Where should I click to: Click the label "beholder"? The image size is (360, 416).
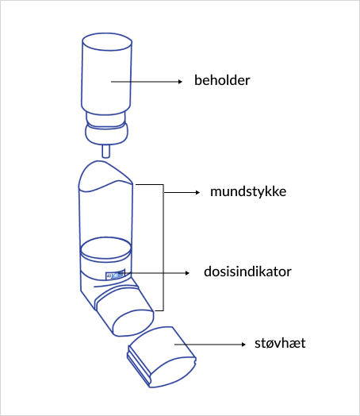coord(223,81)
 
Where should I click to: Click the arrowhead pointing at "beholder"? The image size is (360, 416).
coord(186,81)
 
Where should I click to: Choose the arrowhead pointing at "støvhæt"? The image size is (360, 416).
coord(242,344)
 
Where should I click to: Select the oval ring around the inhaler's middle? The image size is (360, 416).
coord(105,247)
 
